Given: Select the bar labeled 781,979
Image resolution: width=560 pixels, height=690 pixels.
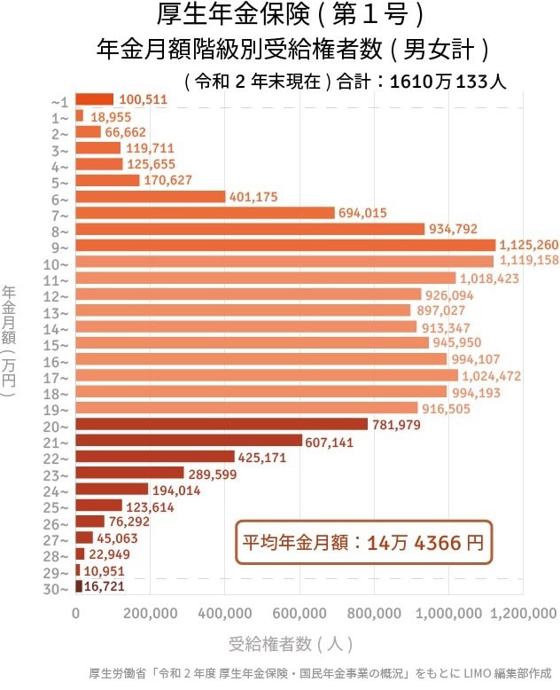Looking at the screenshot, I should [x=222, y=424].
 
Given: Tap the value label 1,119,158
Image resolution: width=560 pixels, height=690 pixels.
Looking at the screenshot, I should [x=529, y=261].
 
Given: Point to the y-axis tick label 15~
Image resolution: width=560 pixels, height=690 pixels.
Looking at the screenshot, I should [x=60, y=344].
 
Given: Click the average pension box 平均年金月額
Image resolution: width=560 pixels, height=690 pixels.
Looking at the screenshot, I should [x=363, y=543].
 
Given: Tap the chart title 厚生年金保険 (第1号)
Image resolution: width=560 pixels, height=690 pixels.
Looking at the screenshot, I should [x=281, y=16].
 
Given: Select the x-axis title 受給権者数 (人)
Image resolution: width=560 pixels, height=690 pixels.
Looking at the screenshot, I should [x=292, y=644].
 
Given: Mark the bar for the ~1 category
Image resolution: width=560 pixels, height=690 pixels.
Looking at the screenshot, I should [x=95, y=99].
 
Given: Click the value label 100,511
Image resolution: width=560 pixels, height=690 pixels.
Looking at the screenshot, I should [x=143, y=99].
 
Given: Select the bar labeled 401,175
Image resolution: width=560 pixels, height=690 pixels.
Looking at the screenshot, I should [x=151, y=196].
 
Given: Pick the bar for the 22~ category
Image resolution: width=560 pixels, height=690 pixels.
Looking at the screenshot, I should [x=155, y=457].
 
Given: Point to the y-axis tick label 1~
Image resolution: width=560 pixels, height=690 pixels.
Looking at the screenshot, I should [x=60, y=117].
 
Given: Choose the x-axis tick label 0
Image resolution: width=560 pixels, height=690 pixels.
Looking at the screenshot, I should [x=76, y=613].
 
